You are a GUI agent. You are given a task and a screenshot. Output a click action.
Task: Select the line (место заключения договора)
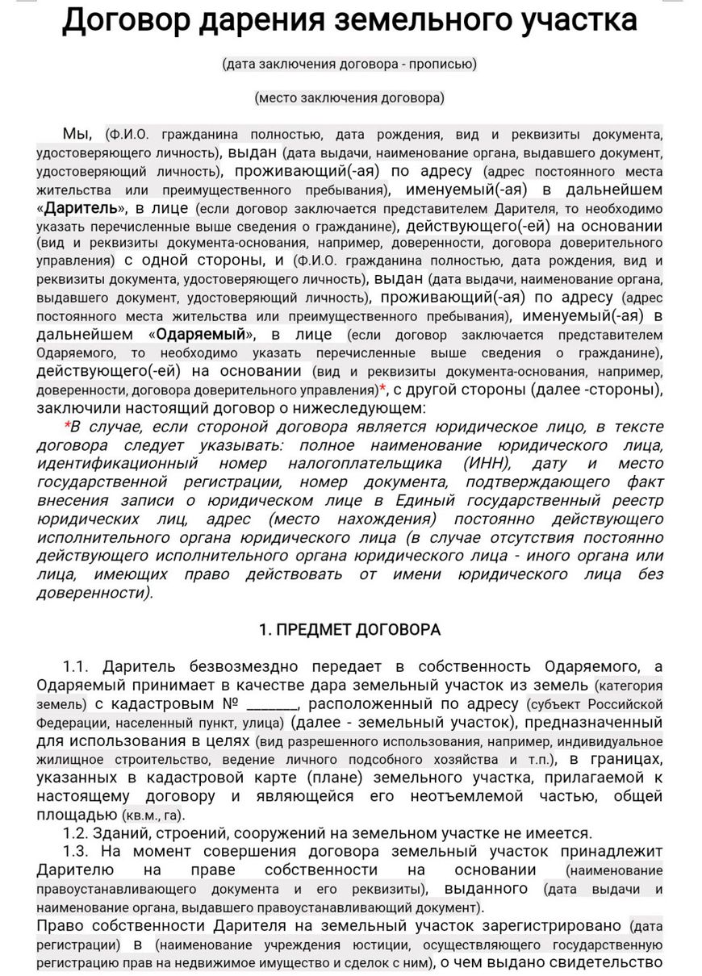point(349,98)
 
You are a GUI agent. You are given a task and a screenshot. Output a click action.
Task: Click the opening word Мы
point(78,133)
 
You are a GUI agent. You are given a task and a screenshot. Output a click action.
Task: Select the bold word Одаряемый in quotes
point(201,334)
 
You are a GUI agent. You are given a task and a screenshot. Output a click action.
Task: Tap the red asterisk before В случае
point(67,427)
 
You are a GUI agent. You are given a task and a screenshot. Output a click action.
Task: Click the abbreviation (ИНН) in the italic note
point(487,463)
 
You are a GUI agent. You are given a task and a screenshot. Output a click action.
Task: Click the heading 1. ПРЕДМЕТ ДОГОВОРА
point(349,630)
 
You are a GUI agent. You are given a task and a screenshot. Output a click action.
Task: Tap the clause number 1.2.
point(77,833)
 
